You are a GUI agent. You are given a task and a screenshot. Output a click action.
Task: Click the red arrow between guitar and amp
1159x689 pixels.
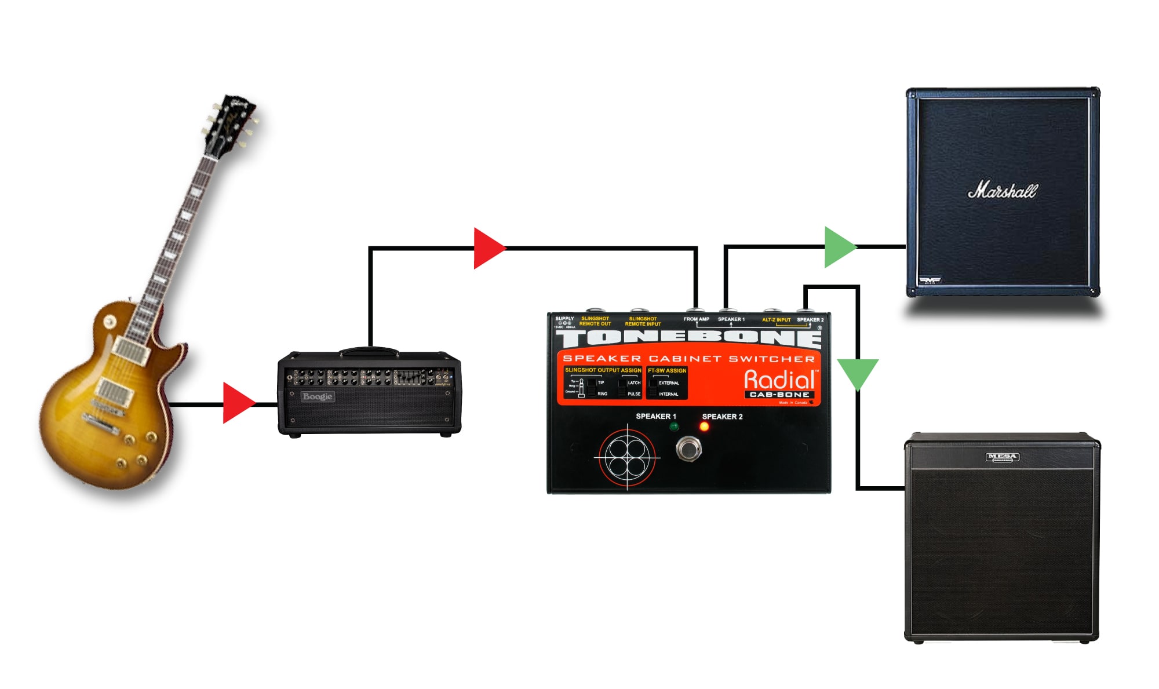(x=238, y=403)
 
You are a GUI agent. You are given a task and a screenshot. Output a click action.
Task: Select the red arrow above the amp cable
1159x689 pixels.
(x=489, y=248)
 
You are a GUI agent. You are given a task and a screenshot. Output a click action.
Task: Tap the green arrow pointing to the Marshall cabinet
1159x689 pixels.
(x=839, y=247)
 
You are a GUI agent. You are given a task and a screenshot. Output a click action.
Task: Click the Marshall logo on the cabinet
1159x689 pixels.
(x=1003, y=190)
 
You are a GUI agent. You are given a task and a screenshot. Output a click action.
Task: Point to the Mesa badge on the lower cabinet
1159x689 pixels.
(x=1002, y=457)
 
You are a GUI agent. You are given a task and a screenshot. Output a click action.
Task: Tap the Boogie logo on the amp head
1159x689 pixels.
(x=317, y=397)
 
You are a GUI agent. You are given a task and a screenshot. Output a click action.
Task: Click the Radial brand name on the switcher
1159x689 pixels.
(x=780, y=380)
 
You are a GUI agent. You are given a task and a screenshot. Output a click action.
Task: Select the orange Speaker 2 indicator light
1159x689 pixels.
(x=704, y=427)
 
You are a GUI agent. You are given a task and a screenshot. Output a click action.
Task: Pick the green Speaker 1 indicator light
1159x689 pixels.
(x=674, y=427)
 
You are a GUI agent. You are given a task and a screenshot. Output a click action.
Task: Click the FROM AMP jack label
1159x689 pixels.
(x=696, y=319)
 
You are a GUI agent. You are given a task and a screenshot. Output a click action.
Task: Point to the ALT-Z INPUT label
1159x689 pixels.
(x=776, y=320)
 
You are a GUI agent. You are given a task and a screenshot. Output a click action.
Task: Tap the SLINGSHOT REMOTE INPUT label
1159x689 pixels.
(x=643, y=322)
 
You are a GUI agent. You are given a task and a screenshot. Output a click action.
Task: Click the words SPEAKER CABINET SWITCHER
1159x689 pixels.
(x=688, y=359)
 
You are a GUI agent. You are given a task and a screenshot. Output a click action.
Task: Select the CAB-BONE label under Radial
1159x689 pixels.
(x=779, y=395)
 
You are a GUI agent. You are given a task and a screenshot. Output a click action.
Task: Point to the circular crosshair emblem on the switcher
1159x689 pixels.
(x=627, y=457)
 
